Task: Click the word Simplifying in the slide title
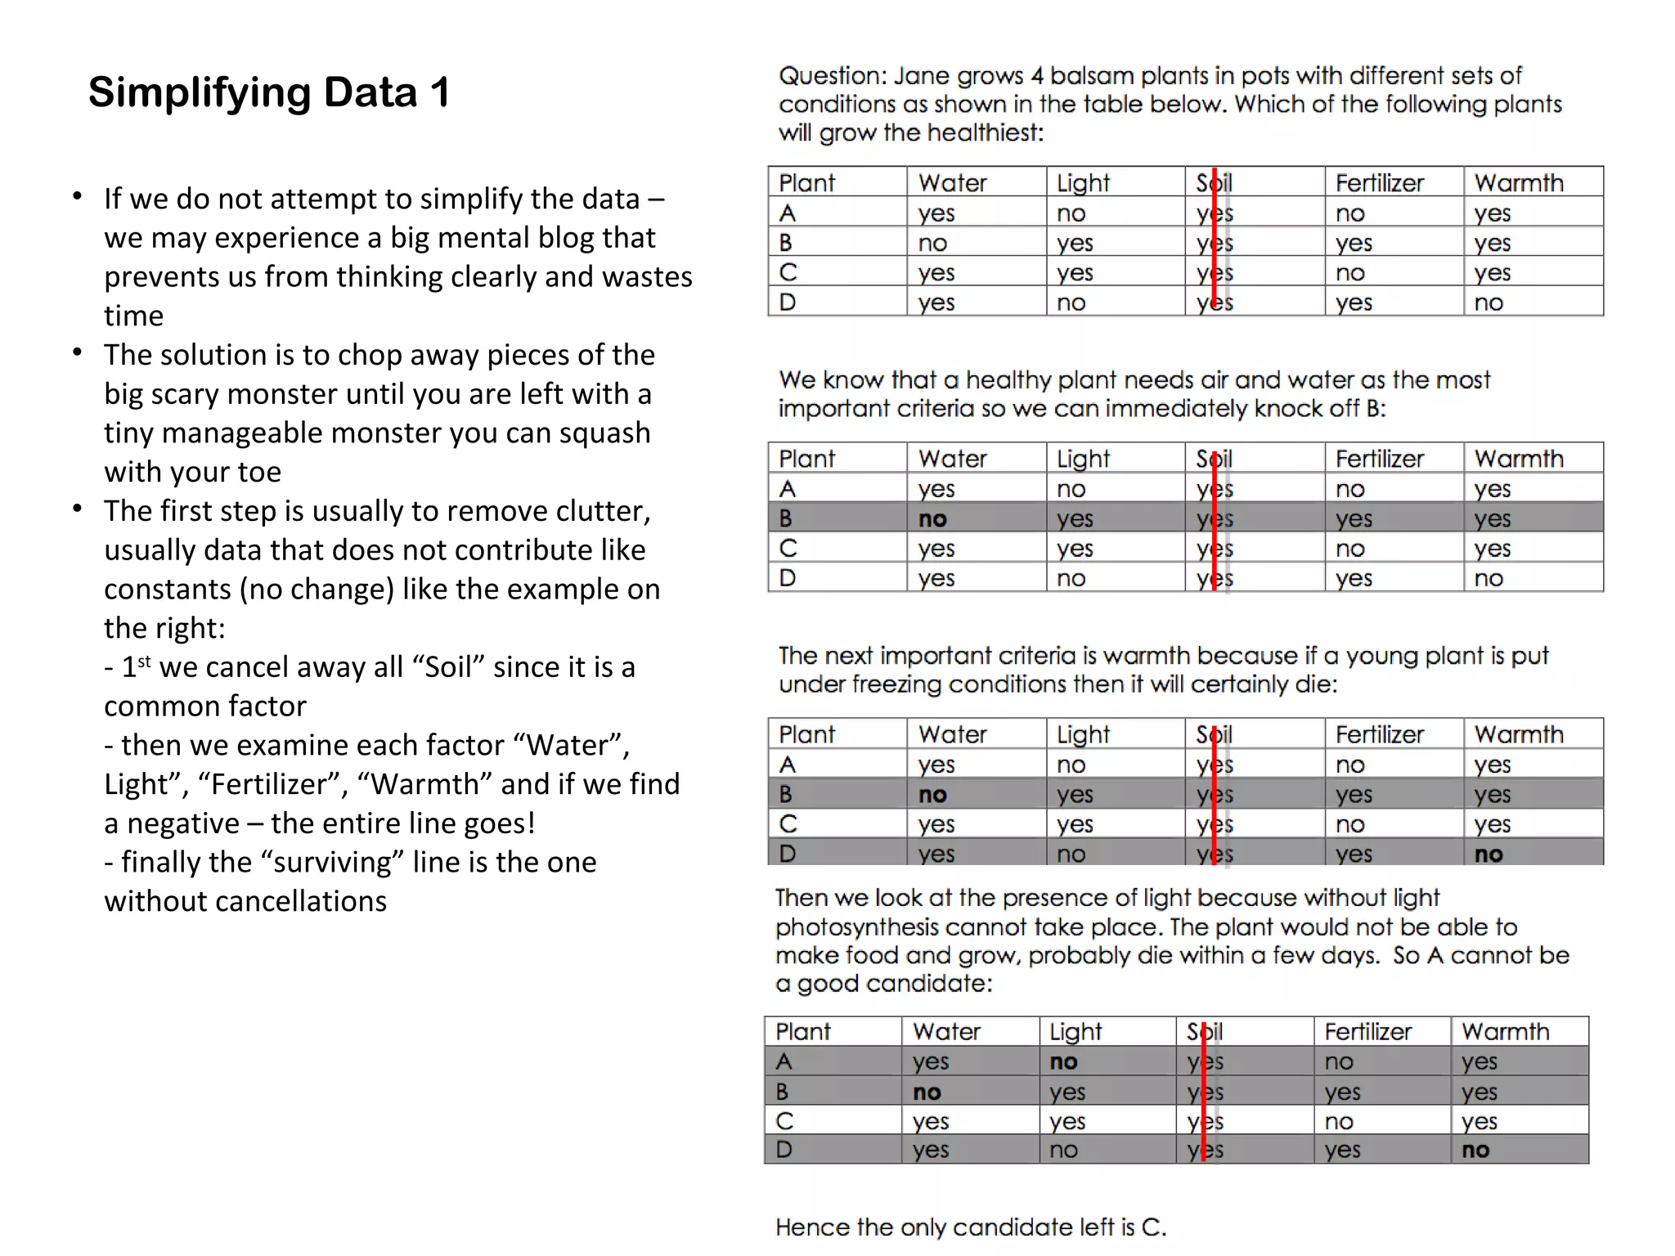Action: click(x=195, y=92)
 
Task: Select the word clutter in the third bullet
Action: click(x=602, y=511)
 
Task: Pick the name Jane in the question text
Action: click(x=922, y=76)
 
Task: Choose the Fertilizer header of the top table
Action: click(x=1380, y=183)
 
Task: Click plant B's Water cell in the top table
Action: click(x=932, y=244)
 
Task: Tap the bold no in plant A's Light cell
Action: click(x=1063, y=1062)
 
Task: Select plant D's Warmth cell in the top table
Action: click(x=1489, y=303)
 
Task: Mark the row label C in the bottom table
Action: click(x=784, y=1121)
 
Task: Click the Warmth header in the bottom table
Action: click(x=1506, y=1032)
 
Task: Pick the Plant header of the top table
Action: click(x=806, y=183)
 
